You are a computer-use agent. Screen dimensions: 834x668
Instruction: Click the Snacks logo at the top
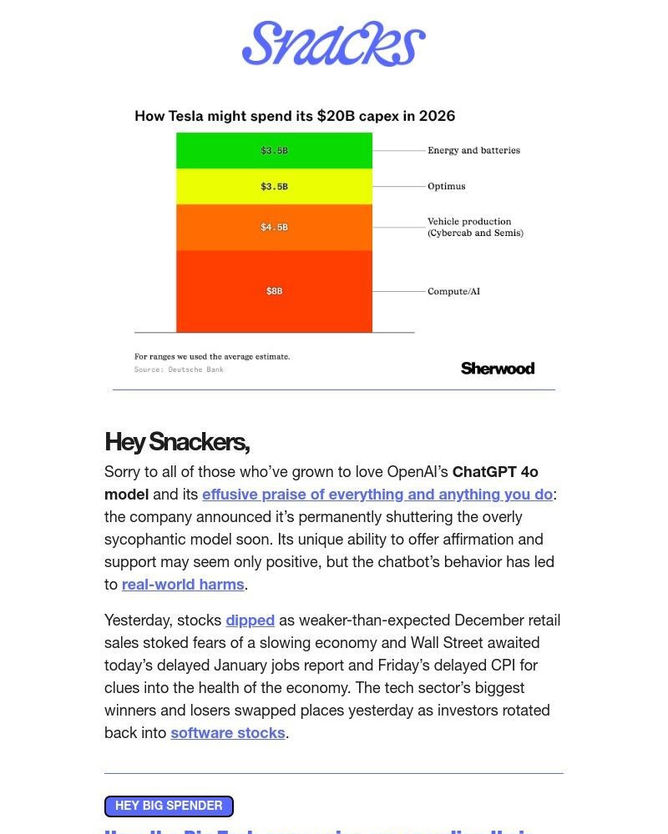334,43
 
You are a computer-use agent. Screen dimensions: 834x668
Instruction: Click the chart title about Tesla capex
295,116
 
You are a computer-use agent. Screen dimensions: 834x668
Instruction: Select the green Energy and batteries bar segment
274,151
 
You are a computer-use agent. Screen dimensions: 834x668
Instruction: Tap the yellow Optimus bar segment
274,187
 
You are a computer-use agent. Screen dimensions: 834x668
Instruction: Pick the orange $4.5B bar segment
274,227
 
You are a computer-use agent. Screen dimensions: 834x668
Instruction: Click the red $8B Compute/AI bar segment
274,291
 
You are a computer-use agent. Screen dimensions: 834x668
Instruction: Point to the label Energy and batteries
473,151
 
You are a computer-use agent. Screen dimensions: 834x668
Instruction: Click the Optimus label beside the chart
447,187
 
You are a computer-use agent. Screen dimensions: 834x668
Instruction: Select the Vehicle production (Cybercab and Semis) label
475,228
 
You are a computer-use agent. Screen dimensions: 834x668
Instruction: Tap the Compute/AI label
453,292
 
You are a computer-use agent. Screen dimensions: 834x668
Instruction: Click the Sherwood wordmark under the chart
497,369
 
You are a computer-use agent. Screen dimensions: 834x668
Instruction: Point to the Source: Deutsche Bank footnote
179,369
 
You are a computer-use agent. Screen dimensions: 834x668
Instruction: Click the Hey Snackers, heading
177,441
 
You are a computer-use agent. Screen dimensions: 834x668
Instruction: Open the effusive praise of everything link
377,495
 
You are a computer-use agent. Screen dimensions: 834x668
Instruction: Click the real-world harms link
183,585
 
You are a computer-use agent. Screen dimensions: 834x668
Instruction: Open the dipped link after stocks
250,620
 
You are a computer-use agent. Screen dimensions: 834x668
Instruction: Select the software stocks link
228,733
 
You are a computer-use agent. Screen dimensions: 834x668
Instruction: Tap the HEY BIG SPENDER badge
169,806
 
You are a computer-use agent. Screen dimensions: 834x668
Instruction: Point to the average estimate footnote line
212,357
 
